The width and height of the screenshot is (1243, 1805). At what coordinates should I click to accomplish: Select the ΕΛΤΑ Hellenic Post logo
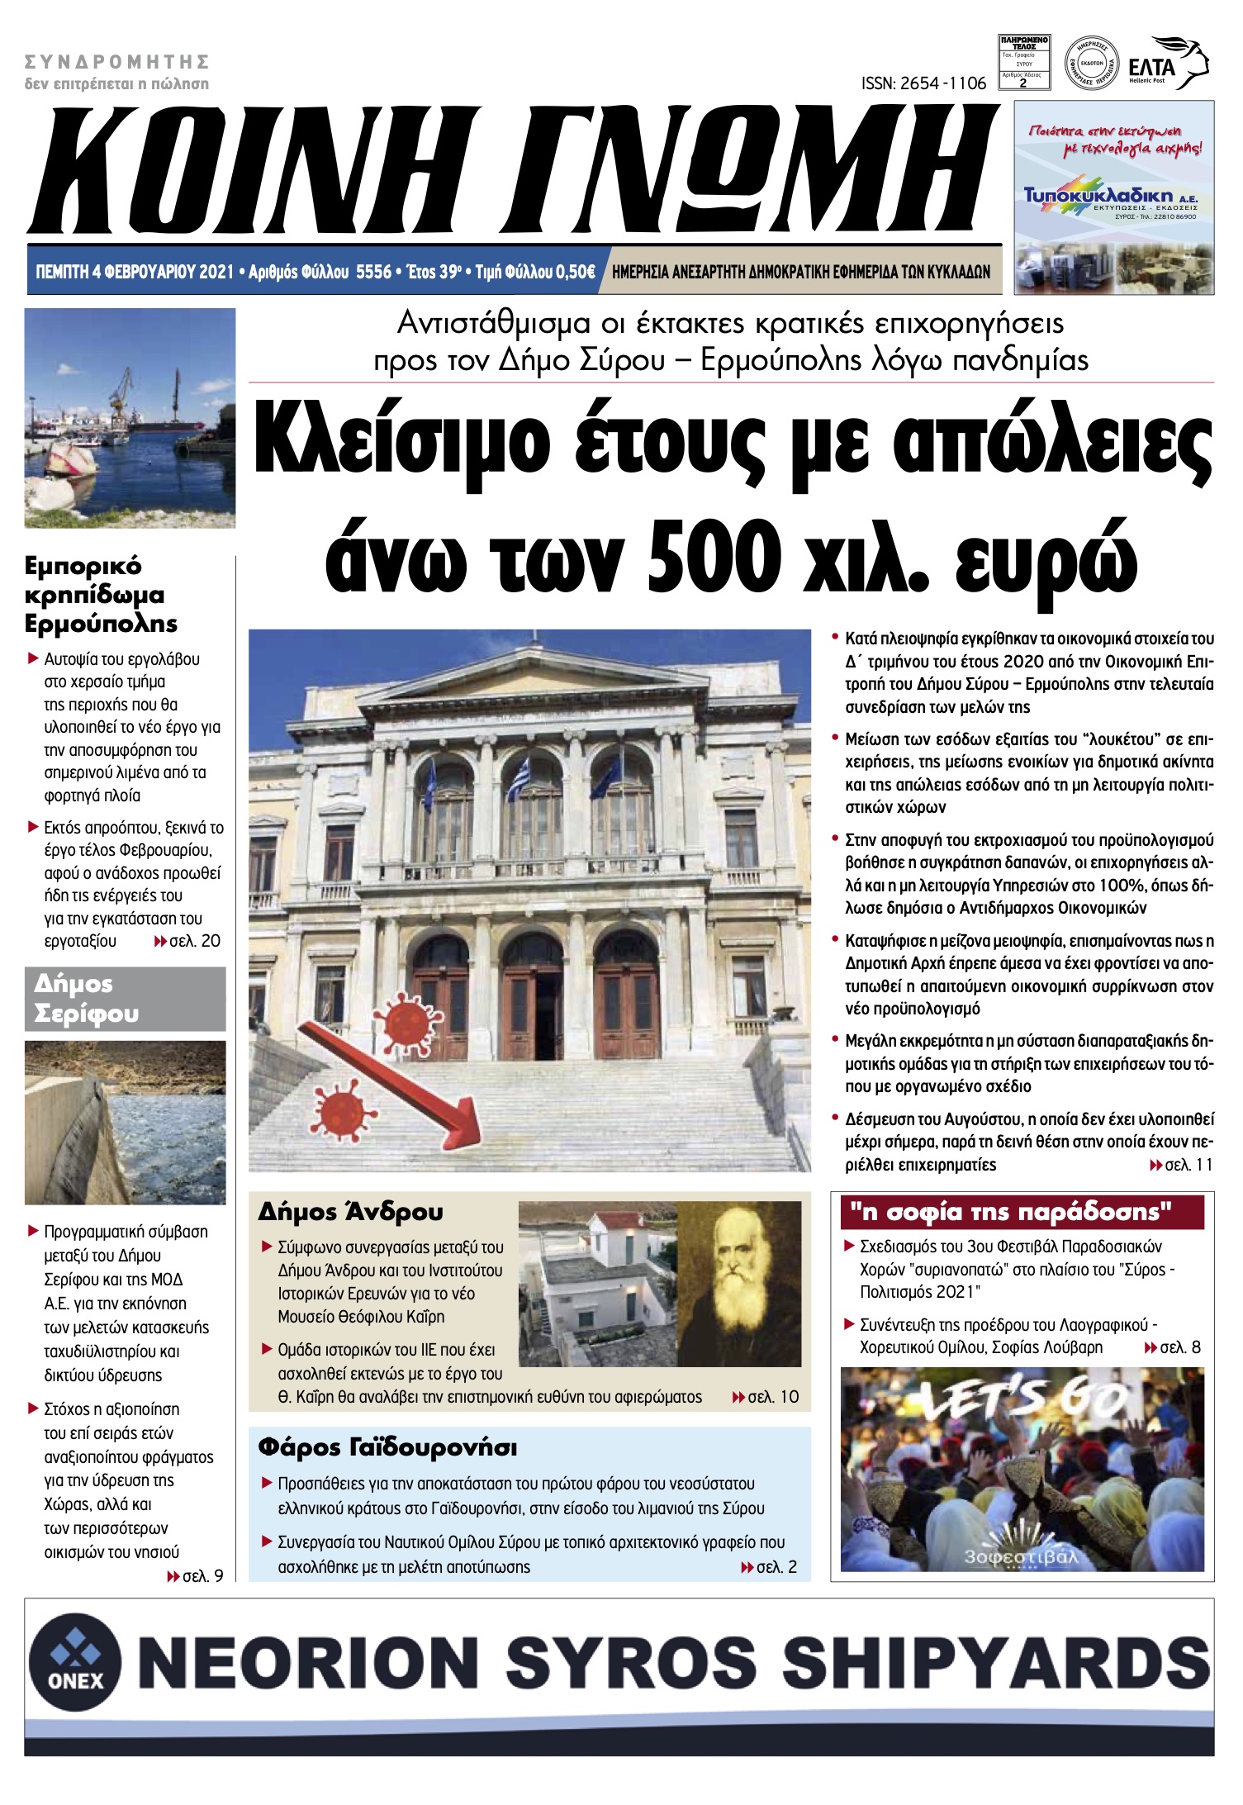1168,64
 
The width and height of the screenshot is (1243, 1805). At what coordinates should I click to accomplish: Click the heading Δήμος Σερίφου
86,999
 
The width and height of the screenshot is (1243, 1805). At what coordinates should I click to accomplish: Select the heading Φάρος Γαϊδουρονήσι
387,1447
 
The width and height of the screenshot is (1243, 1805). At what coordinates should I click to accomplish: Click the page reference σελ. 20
194,941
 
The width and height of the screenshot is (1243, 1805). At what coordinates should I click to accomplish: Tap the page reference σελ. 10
773,1397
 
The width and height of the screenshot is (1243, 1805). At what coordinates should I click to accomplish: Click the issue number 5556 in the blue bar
373,272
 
